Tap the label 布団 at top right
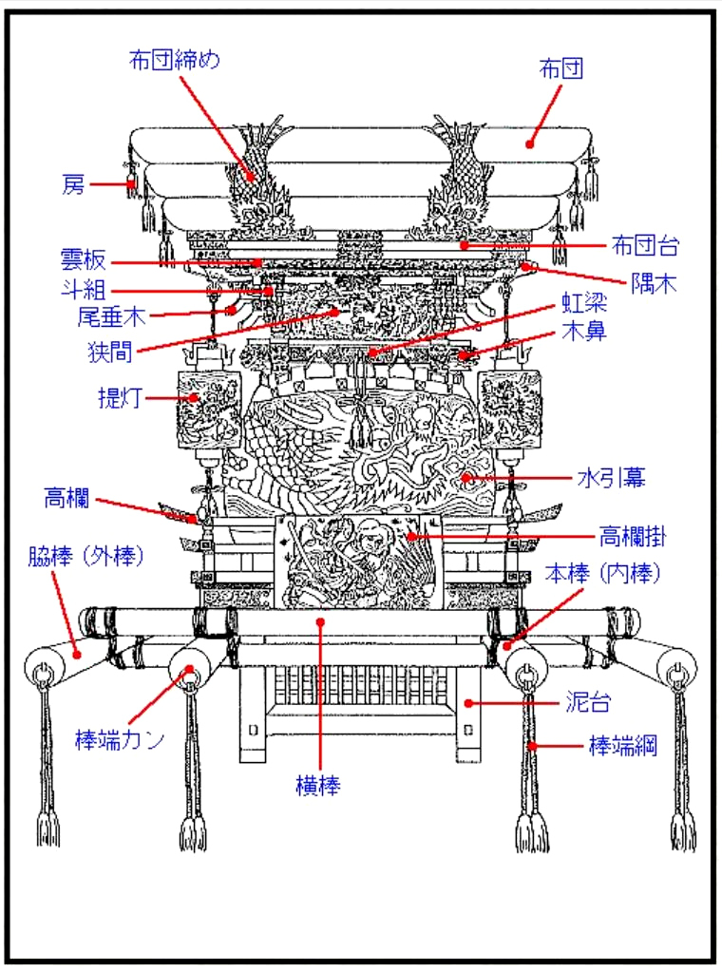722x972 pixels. pyautogui.click(x=560, y=68)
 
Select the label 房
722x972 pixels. pyautogui.click(x=73, y=184)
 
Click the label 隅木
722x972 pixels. pyautogui.click(x=655, y=282)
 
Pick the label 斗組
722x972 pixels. pyautogui.click(x=84, y=290)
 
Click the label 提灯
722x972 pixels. pyautogui.click(x=120, y=398)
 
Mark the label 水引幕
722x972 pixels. pyautogui.click(x=611, y=478)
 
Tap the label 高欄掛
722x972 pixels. pyautogui.click(x=632, y=537)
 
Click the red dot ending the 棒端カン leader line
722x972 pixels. pyautogui.click(x=189, y=670)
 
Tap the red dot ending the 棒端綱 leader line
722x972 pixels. pyautogui.click(x=533, y=746)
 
